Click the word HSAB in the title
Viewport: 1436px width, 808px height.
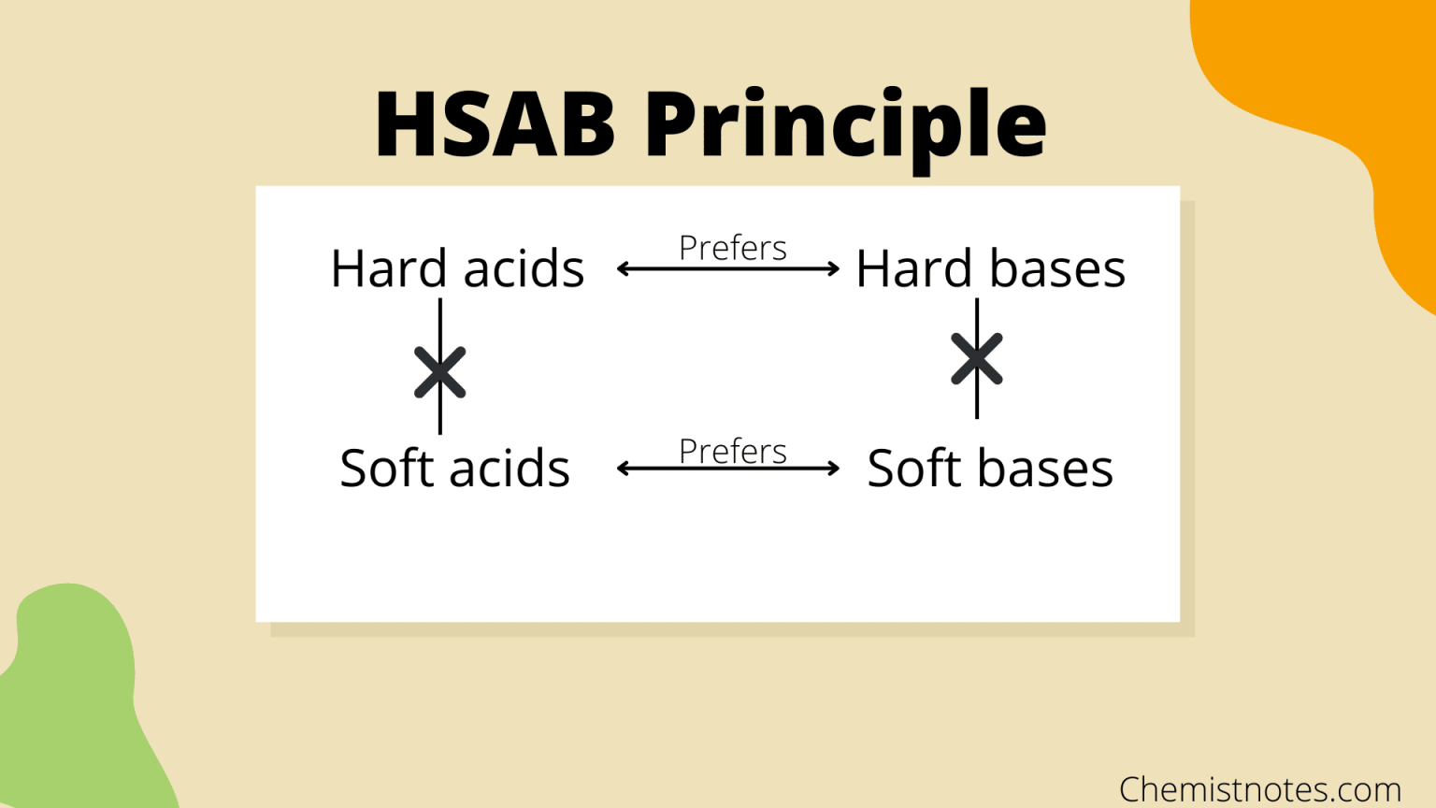[x=495, y=124]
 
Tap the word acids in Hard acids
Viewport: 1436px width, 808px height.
[x=524, y=269]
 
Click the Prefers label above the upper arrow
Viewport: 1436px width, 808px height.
[x=732, y=248]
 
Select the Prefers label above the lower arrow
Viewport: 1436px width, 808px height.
[x=732, y=451]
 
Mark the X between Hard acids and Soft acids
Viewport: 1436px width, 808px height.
[x=440, y=372]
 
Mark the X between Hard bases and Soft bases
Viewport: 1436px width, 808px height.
[x=977, y=358]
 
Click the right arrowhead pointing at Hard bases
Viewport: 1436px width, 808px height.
[x=833, y=269]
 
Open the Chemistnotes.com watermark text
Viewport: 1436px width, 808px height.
[x=1259, y=789]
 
